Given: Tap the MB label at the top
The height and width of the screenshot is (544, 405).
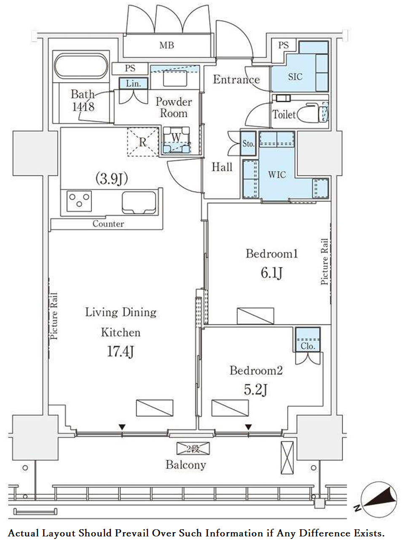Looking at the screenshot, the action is (166, 45).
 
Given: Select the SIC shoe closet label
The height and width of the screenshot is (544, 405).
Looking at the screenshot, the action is (295, 77).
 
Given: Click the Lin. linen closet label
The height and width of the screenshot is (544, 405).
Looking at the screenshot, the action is (134, 83).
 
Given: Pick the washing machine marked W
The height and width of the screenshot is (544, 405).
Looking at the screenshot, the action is (177, 140).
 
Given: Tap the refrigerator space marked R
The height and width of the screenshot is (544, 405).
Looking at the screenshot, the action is (143, 142).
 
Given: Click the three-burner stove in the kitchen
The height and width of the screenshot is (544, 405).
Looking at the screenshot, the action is (79, 201).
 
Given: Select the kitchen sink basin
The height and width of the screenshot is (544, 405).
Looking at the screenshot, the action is (139, 203).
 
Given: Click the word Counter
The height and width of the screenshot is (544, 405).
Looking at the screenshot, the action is (108, 224).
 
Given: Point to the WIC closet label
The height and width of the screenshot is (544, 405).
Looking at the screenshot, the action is (277, 174).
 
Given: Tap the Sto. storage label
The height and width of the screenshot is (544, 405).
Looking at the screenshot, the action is (248, 144).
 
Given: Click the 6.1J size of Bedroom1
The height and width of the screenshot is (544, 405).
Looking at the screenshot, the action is (272, 273).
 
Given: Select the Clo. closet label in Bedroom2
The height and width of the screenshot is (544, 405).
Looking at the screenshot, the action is (308, 346).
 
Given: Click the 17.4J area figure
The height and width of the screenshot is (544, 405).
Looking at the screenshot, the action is (121, 351).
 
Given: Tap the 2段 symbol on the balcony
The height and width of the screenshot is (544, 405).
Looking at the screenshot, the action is (193, 448).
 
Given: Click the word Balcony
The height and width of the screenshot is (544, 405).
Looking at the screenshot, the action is (186, 465).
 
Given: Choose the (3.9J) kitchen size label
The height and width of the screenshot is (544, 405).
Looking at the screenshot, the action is (112, 179).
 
